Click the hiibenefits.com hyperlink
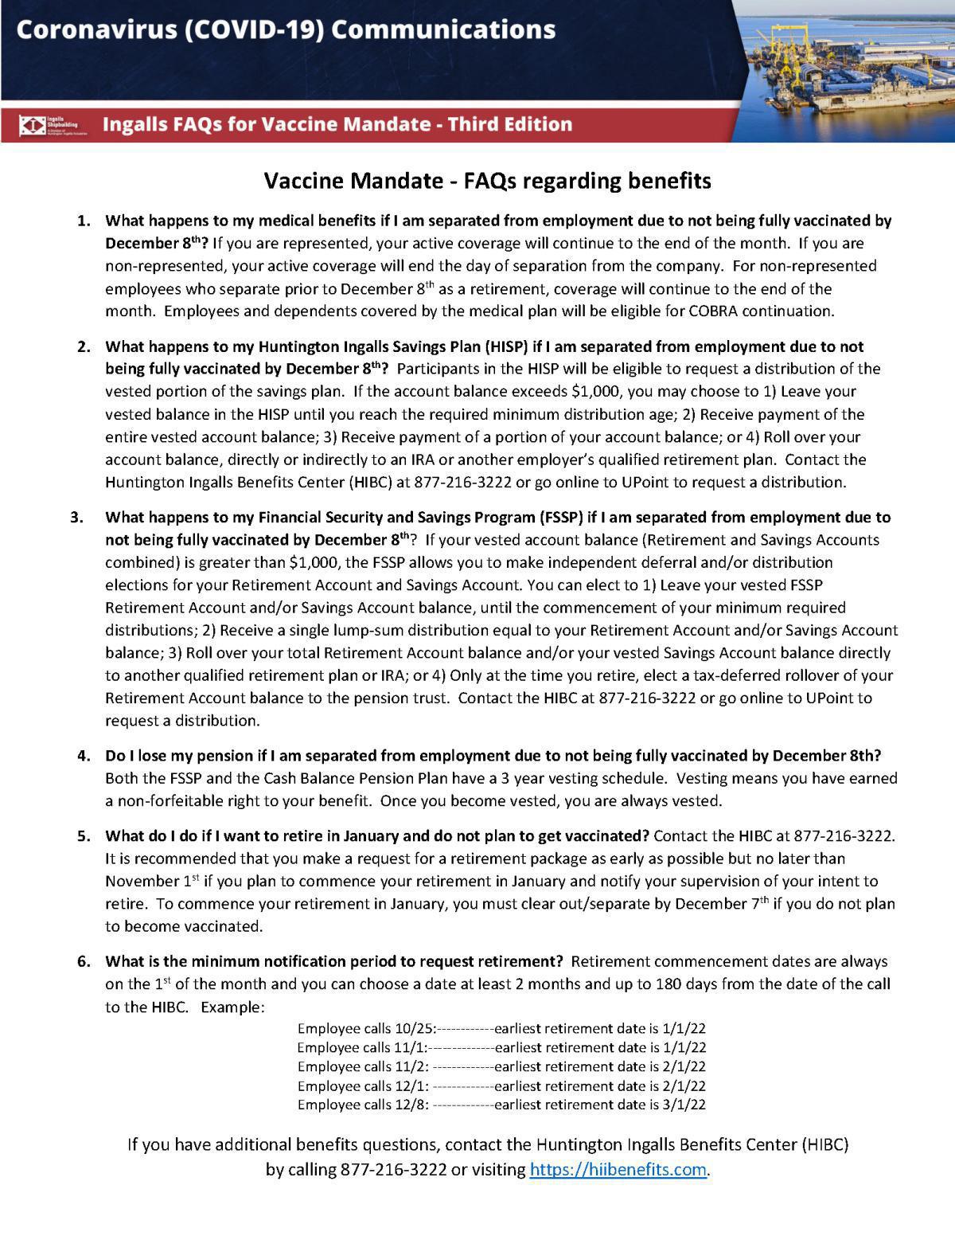618,1170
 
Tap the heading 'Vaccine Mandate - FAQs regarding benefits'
487,181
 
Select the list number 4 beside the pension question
84,755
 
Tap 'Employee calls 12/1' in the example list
363,1085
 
